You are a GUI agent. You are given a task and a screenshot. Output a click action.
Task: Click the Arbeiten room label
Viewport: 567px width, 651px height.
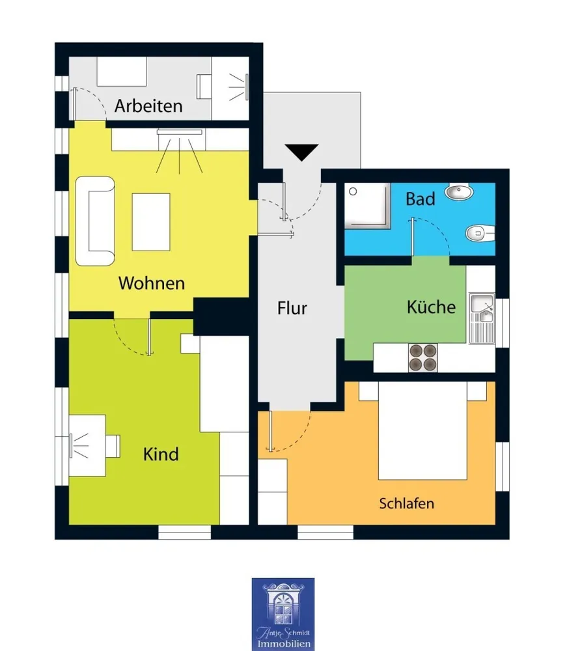[x=148, y=106]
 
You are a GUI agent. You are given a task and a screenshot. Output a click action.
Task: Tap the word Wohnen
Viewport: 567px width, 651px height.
[x=152, y=283]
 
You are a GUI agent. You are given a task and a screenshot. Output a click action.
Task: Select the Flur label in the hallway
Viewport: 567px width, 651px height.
[x=292, y=308]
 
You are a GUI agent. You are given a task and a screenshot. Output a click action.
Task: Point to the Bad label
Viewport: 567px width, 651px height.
[x=420, y=199]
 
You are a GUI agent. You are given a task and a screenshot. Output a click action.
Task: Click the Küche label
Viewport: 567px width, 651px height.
[x=431, y=307]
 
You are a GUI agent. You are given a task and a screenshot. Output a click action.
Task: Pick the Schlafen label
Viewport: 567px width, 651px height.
[x=407, y=503]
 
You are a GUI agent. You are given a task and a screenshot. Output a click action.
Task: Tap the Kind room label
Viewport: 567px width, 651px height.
[x=161, y=454]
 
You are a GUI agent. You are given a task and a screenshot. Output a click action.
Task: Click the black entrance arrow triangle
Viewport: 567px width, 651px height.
[x=302, y=152]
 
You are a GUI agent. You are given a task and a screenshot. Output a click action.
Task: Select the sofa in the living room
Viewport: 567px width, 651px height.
[x=95, y=221]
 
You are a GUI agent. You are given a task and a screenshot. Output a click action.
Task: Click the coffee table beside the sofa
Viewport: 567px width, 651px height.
[x=151, y=222]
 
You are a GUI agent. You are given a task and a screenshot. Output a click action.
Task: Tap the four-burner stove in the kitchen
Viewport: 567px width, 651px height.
[x=423, y=357]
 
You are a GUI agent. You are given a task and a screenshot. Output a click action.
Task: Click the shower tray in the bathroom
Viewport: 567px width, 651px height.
[x=368, y=206]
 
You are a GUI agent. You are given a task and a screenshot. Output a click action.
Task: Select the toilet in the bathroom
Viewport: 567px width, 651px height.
[x=480, y=233]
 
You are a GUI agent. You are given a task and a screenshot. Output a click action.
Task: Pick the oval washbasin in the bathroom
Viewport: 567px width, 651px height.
[x=459, y=192]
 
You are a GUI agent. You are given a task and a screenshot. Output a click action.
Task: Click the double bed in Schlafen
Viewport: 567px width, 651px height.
[x=422, y=430]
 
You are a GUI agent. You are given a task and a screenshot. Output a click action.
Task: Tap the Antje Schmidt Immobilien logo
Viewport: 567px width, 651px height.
[x=283, y=615]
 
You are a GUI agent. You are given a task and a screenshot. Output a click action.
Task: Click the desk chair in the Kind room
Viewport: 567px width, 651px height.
[x=113, y=445]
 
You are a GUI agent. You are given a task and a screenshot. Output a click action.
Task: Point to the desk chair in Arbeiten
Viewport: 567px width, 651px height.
[x=204, y=87]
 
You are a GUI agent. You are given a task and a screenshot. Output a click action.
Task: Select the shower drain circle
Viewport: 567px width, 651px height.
[x=353, y=191]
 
